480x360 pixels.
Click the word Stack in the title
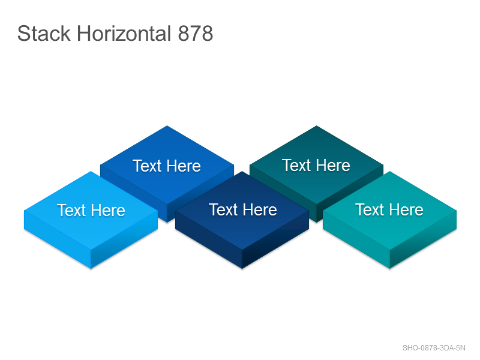44,34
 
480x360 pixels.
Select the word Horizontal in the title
124,34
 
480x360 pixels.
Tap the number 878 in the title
196,34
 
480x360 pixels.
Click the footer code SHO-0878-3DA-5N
434,348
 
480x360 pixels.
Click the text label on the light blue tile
91,211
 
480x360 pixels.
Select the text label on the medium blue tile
167,166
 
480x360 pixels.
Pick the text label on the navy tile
243,209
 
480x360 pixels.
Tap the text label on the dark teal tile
316,166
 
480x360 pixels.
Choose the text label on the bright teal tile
389,209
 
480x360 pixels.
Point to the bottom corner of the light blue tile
91,268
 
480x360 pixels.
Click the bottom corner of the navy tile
242,268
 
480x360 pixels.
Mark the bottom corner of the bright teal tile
389,268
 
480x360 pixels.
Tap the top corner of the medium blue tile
167,126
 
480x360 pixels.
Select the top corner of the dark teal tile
317,126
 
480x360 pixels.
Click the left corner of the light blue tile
24,211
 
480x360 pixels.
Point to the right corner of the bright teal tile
457,211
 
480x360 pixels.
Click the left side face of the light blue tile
58,239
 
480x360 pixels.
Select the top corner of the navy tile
242,172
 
